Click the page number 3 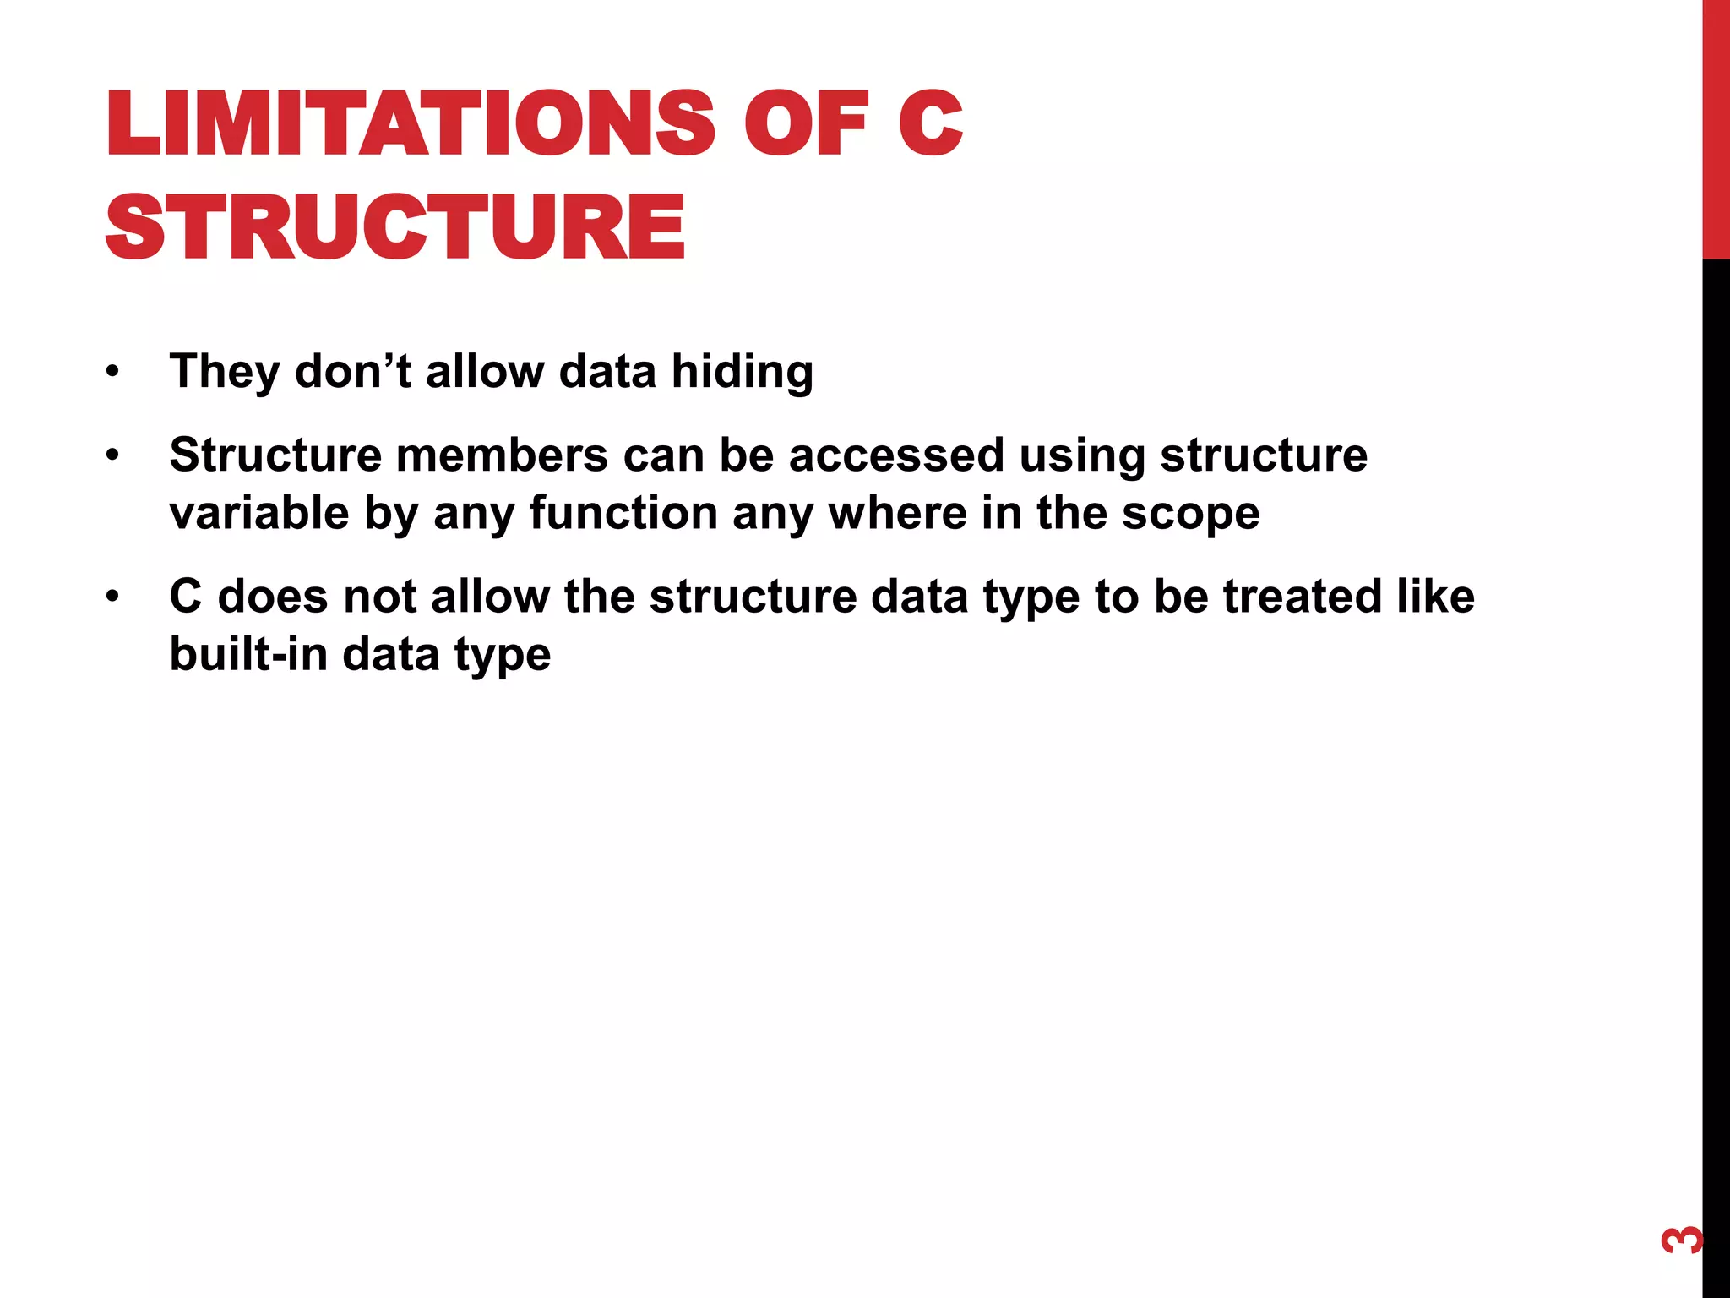pos(1681,1241)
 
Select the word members pos(502,455)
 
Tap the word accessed pos(896,455)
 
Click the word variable pos(259,513)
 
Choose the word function pos(623,513)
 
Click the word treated pos(1302,597)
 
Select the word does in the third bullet pos(273,597)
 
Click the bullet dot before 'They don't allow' pos(113,372)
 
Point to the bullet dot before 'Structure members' pos(113,456)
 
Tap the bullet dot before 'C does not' pos(113,597)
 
